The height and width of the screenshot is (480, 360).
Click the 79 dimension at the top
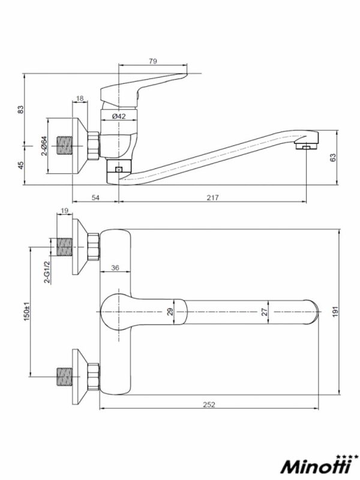click(x=153, y=61)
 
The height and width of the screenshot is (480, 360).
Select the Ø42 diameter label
click(x=119, y=116)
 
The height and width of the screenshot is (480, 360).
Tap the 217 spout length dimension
click(x=213, y=198)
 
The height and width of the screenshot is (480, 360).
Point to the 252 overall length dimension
click(x=209, y=404)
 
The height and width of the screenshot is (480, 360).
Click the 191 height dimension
click(x=335, y=311)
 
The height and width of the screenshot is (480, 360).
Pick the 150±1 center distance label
click(x=27, y=312)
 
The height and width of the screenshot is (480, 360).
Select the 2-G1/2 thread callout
click(x=47, y=272)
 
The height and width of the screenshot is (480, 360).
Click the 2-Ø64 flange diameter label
click(x=44, y=146)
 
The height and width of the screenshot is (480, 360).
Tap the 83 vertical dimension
click(x=20, y=110)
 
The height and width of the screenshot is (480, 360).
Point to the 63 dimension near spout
click(x=333, y=157)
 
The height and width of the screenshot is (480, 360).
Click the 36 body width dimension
click(x=115, y=268)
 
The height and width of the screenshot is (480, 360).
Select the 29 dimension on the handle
click(x=170, y=311)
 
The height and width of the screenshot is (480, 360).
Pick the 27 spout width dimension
click(x=265, y=311)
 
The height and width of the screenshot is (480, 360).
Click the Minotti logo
click(x=319, y=466)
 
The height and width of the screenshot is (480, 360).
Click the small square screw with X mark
click(x=118, y=169)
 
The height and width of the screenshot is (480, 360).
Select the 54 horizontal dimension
click(x=95, y=198)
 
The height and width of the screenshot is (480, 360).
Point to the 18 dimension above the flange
click(x=80, y=98)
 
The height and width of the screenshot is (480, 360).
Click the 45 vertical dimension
click(x=20, y=166)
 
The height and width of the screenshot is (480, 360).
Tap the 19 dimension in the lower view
click(x=64, y=211)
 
